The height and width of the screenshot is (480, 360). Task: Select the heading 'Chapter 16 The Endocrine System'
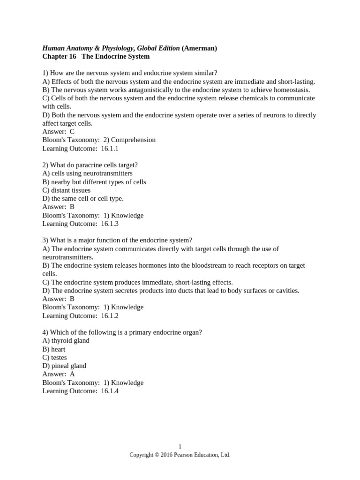pyautogui.click(x=96, y=57)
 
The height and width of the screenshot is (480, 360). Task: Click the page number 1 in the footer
pyautogui.click(x=180, y=447)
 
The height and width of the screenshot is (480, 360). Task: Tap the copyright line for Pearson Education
pyautogui.click(x=180, y=455)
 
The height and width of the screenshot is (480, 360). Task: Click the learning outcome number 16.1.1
pyautogui.click(x=110, y=149)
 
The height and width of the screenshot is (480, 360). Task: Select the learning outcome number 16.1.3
pyautogui.click(x=110, y=224)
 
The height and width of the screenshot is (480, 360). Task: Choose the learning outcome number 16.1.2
pyautogui.click(x=110, y=315)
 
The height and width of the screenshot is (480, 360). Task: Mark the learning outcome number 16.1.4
pyautogui.click(x=110, y=391)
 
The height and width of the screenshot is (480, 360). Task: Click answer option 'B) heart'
pyautogui.click(x=54, y=349)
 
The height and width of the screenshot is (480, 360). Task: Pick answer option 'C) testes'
pyautogui.click(x=54, y=358)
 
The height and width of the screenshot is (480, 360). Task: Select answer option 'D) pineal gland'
pyautogui.click(x=64, y=366)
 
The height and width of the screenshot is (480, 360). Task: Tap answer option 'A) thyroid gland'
pyautogui.click(x=66, y=341)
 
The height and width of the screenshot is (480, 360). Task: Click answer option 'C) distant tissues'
pyautogui.click(x=66, y=190)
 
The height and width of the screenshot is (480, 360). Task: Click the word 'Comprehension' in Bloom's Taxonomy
pyautogui.click(x=133, y=140)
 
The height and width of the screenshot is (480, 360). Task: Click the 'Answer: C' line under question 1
pyautogui.click(x=58, y=132)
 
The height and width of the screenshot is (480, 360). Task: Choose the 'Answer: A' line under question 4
pyautogui.click(x=58, y=374)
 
